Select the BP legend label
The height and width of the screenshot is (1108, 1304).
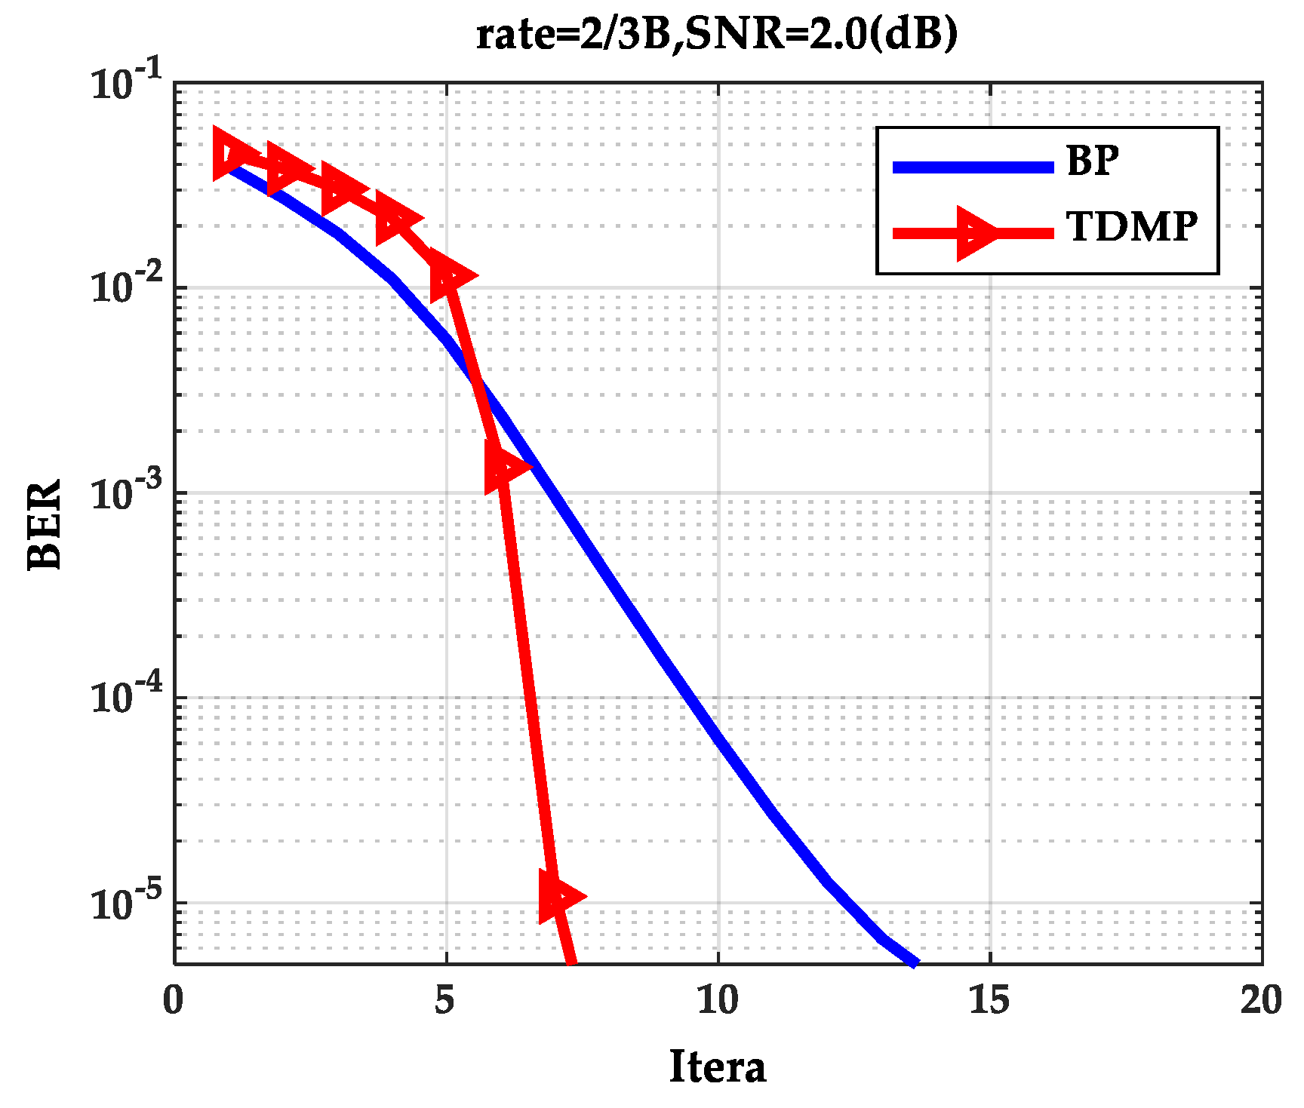pyautogui.click(x=1092, y=161)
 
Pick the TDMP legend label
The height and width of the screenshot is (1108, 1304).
pyautogui.click(x=1131, y=226)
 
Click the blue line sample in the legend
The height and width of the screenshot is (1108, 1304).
pyautogui.click(x=973, y=167)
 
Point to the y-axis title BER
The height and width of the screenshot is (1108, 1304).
pyautogui.click(x=44, y=524)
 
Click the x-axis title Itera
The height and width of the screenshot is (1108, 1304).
pyautogui.click(x=717, y=1067)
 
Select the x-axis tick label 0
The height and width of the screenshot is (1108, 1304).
pyautogui.click(x=174, y=1001)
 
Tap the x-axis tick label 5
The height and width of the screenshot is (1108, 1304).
pyautogui.click(x=445, y=1001)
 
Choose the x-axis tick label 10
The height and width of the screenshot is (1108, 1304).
pyautogui.click(x=717, y=1001)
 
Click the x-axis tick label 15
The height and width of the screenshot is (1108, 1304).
pyautogui.click(x=989, y=1001)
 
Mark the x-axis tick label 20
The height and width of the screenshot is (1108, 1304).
pyautogui.click(x=1261, y=1001)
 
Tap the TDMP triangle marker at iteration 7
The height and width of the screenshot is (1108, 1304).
pyautogui.click(x=558, y=896)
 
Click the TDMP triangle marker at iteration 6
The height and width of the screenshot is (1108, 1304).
pyautogui.click(x=504, y=466)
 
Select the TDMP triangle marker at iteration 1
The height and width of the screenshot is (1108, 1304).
pyautogui.click(x=231, y=153)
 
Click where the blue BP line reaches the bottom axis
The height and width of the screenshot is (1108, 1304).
pyautogui.click(x=915, y=962)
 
